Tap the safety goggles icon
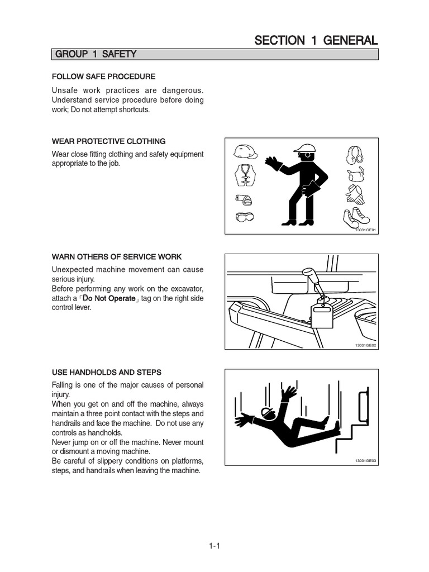coord(244,216)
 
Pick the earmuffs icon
coord(355,153)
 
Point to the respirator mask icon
coord(243,198)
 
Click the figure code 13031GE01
coord(366,230)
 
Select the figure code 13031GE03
coord(366,460)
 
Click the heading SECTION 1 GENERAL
coord(316,40)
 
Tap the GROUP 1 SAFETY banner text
coord(96,54)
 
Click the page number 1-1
coord(214,547)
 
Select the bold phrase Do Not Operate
coord(110,298)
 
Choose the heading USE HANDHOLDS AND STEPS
coord(106,372)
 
